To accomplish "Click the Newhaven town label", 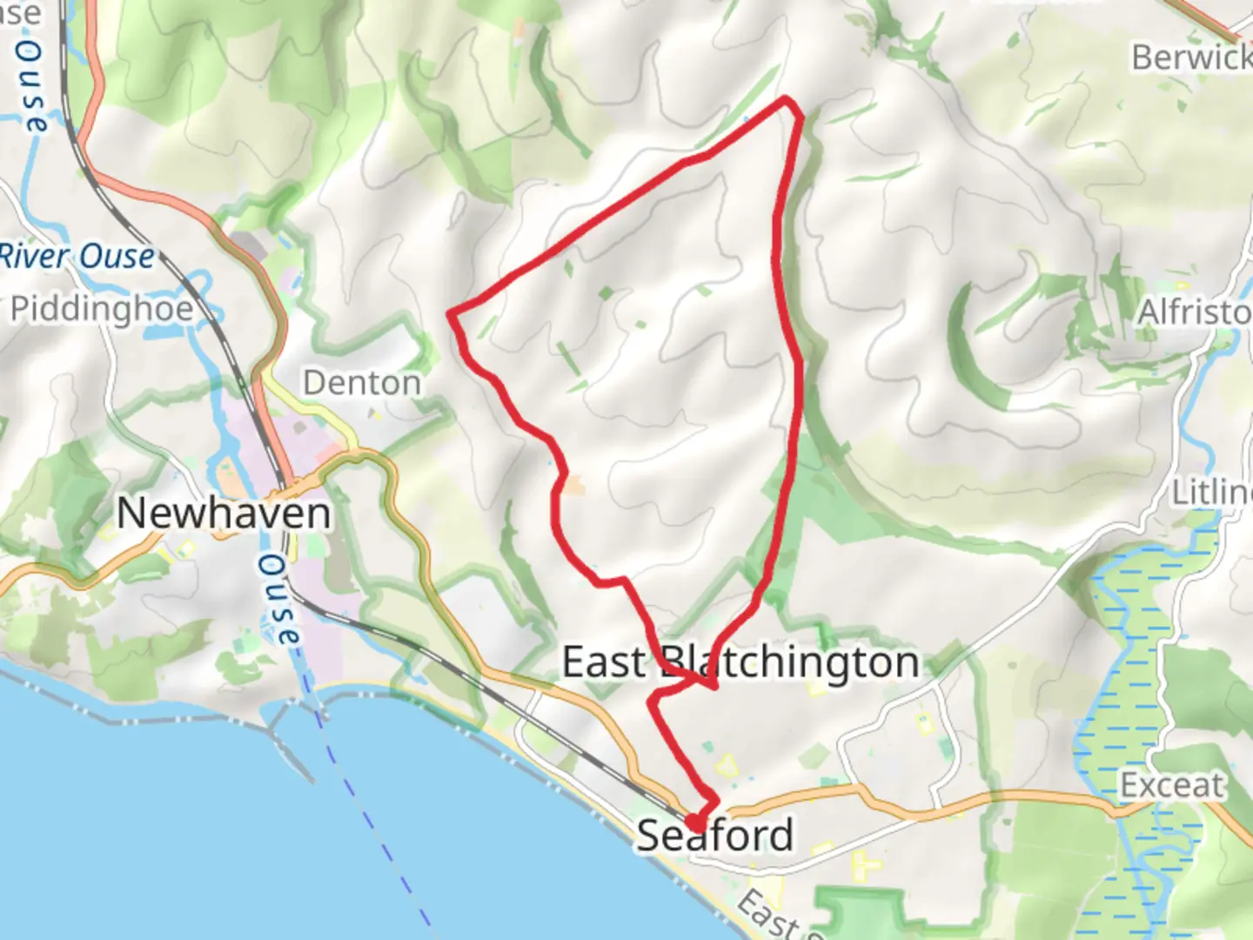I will (x=224, y=513).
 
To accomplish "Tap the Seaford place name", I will (x=715, y=836).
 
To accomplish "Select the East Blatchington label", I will (x=740, y=662).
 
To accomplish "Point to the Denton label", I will (x=362, y=382).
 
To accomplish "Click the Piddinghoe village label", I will (x=103, y=308).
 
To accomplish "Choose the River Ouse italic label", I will (x=77, y=257).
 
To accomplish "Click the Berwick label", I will (x=1190, y=57).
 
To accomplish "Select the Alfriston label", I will (x=1194, y=312).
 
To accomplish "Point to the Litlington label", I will (x=1211, y=493).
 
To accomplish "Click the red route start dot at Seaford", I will (x=695, y=822).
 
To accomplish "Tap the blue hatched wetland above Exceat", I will (x=1122, y=661).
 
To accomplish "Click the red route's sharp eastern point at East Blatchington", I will (x=714, y=688).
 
